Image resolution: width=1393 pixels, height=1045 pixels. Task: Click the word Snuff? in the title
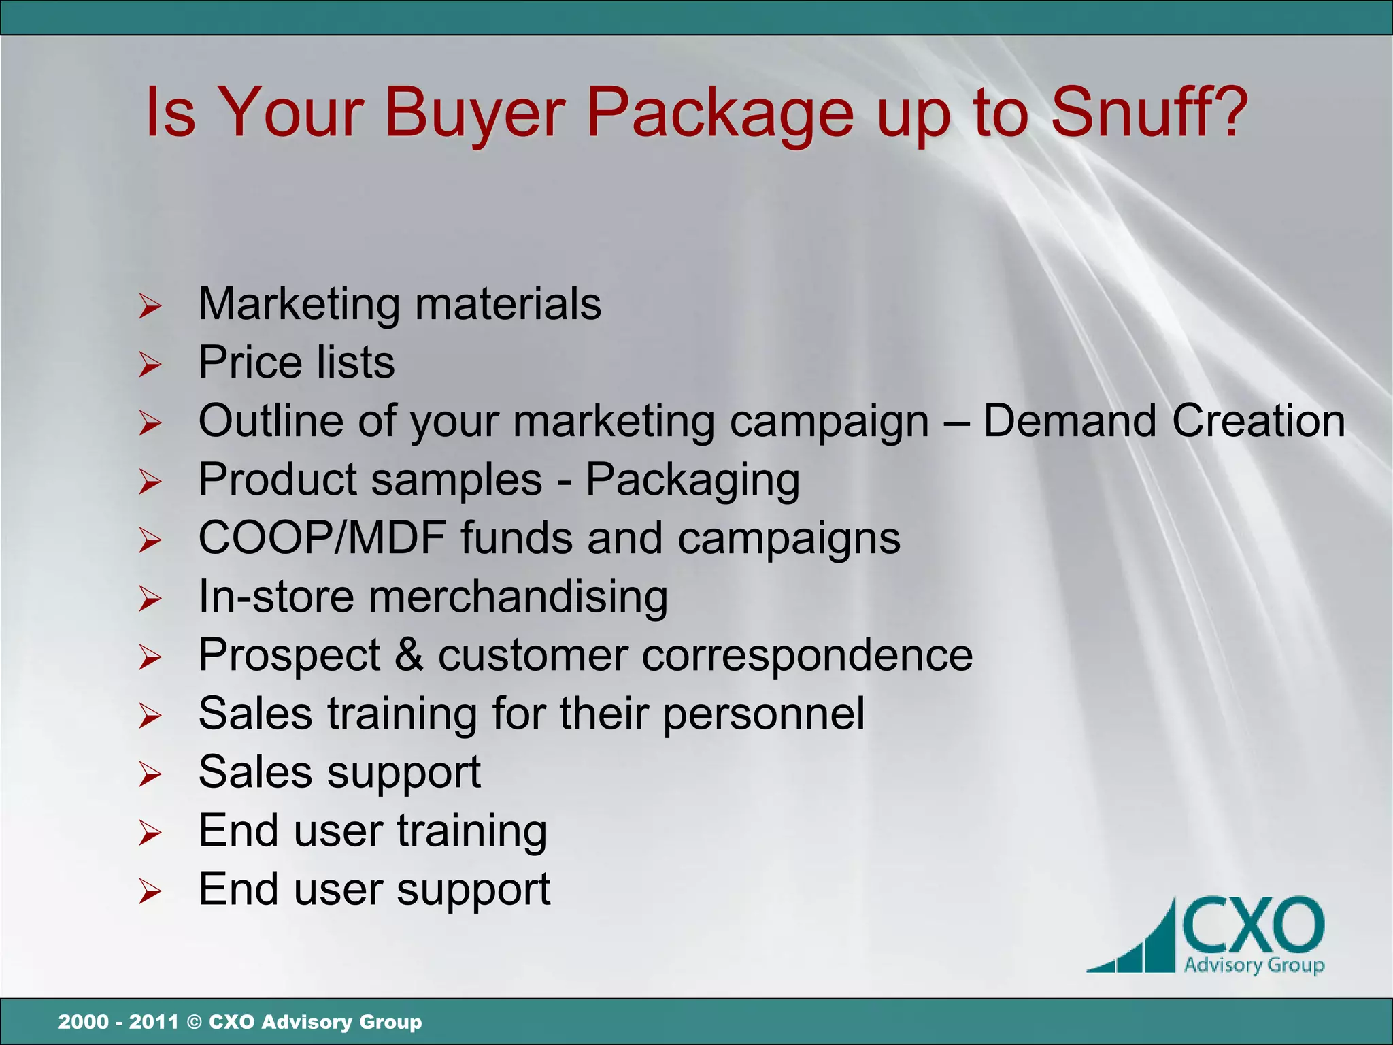[x=1149, y=112]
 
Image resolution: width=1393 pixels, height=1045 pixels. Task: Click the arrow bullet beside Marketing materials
[x=150, y=306]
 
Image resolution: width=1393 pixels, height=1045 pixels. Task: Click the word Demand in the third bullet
[x=1070, y=420]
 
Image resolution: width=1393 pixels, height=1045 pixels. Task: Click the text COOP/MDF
[x=322, y=538]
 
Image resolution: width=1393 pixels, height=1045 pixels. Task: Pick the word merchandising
[x=518, y=597]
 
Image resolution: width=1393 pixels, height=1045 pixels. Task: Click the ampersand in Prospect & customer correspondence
[x=409, y=655]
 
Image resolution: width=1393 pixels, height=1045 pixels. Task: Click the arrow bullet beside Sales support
[x=150, y=775]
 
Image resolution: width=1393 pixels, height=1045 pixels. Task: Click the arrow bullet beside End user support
[x=150, y=892]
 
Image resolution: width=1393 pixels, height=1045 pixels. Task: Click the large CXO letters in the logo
[x=1253, y=926]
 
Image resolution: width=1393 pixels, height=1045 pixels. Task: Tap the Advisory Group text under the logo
[x=1254, y=965]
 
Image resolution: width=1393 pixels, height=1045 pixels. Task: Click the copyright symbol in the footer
[x=194, y=1022]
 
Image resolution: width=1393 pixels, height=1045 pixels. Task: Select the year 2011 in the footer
[x=154, y=1022]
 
